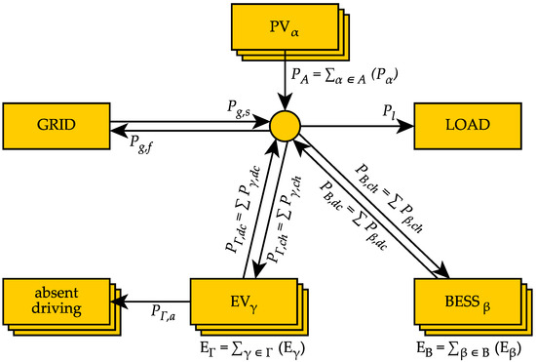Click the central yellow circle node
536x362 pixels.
pyautogui.click(x=284, y=125)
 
